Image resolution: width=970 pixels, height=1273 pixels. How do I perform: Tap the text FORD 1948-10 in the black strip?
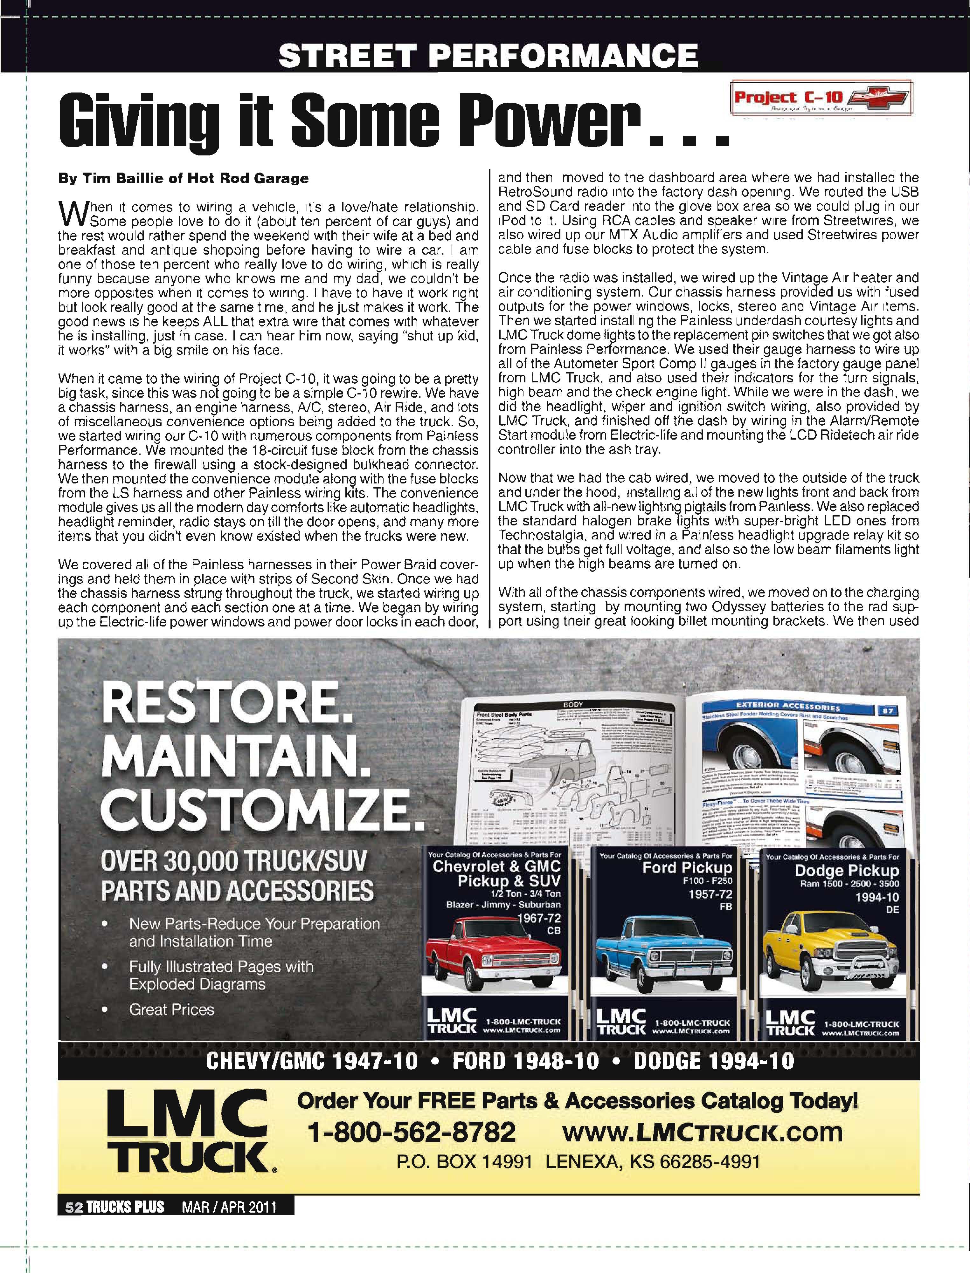525,1061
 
